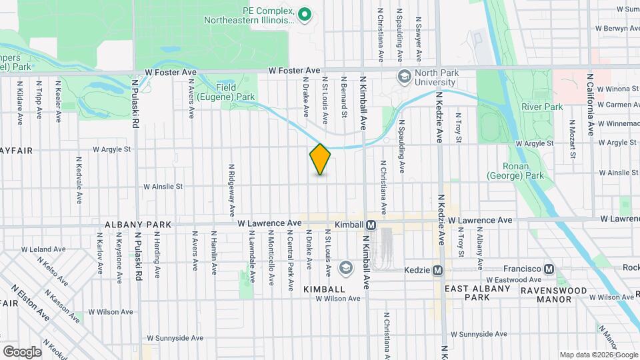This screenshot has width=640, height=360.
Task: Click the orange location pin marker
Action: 320,159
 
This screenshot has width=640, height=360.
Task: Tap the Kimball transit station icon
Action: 371,225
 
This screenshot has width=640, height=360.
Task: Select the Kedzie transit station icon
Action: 438,270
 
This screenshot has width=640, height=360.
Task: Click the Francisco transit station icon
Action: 549,269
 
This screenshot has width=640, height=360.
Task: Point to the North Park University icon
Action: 404,77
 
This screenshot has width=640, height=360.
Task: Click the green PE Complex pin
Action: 305,13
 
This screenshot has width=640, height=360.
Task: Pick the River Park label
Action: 541,107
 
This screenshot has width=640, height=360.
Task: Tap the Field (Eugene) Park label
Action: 235,92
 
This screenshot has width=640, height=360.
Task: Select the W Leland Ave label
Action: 43,249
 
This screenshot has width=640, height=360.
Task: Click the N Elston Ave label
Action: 31,301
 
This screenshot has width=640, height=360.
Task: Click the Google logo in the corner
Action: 22,351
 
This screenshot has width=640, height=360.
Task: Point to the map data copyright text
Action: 598,355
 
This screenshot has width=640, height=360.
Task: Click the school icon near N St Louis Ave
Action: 345,268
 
